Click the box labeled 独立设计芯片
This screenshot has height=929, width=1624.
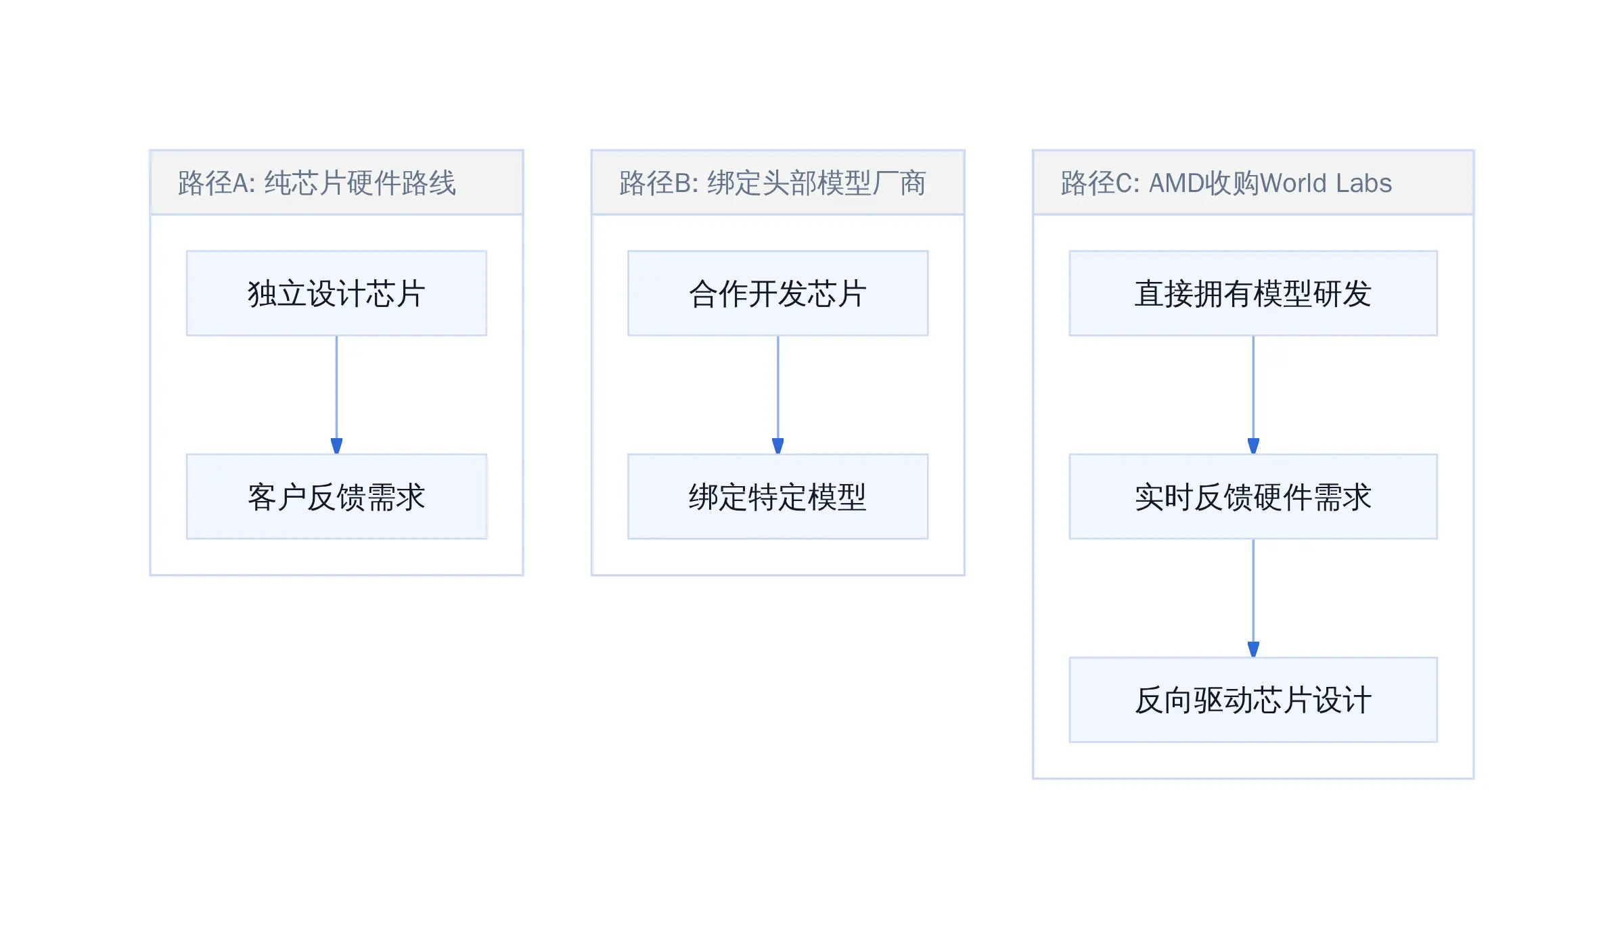tap(336, 293)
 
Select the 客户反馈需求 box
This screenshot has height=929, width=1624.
tap(336, 496)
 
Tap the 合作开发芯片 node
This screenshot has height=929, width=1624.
tap(777, 293)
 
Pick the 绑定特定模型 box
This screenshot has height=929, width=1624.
tap(777, 496)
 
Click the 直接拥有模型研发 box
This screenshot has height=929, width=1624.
tap(1253, 293)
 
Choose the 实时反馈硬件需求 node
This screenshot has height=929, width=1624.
tap(1253, 496)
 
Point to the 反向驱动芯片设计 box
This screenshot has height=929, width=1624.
tap(1253, 700)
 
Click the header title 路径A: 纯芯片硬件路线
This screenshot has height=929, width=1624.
tap(317, 183)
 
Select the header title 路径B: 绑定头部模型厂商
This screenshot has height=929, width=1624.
tap(772, 183)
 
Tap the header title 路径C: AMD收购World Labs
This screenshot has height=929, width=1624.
tap(1226, 183)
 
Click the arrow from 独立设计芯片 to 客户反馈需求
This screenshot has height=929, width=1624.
tap(336, 395)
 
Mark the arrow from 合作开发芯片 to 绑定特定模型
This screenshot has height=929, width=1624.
tap(777, 395)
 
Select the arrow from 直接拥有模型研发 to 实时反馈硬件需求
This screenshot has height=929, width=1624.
tap(1253, 395)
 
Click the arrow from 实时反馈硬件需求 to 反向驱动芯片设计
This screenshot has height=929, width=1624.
tap(1253, 598)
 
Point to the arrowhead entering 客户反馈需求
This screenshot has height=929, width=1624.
tap(336, 446)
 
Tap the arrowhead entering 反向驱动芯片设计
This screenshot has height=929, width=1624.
tap(1253, 650)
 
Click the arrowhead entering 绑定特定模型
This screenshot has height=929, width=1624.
tap(777, 446)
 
